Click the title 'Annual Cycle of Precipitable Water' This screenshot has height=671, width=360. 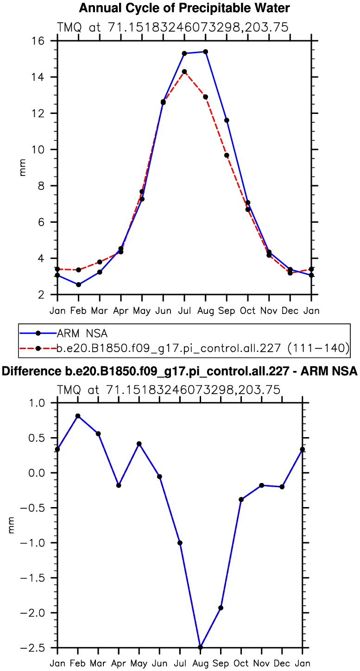[x=184, y=8]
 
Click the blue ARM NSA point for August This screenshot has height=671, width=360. [x=205, y=51]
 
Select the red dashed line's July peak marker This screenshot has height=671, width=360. [x=184, y=71]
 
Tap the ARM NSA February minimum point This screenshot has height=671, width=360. [x=78, y=284]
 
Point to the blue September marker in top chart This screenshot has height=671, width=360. [x=227, y=120]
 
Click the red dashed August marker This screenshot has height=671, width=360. [x=205, y=97]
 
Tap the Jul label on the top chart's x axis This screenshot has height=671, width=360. [x=184, y=310]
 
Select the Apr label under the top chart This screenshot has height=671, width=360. [x=120, y=310]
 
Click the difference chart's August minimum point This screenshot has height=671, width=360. [x=200, y=647]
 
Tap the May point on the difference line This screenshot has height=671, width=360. [x=139, y=444]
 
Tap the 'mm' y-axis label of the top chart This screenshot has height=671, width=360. [x=22, y=167]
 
